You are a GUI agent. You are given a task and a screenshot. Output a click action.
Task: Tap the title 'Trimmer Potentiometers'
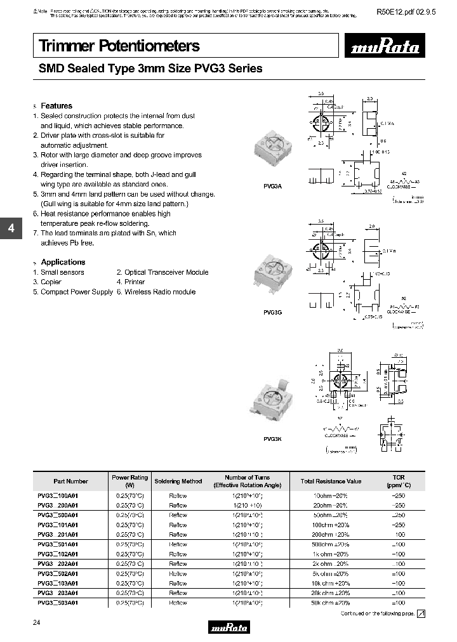tap(119, 46)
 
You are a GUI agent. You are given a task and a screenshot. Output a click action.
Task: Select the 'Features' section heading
tap(56, 106)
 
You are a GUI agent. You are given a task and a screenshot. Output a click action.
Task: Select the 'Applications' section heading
tap(63, 262)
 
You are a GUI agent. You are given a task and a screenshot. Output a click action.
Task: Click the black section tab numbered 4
tap(11, 229)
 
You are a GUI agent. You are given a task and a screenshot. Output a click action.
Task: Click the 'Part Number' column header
tap(70, 481)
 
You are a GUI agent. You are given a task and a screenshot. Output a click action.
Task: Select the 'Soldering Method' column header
tap(178, 481)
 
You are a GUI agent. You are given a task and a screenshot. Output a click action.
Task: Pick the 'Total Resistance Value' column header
tap(331, 481)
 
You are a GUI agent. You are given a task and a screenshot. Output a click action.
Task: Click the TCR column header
tap(398, 481)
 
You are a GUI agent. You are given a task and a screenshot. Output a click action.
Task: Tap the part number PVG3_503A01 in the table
tap(58, 603)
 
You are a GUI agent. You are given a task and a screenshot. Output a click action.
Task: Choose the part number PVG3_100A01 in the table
tap(58, 495)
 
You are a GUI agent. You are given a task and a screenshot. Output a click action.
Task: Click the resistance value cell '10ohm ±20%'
tap(331, 495)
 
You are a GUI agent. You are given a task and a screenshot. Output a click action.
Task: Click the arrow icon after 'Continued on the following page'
tap(421, 613)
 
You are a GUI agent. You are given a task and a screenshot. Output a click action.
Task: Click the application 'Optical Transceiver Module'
tap(166, 272)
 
